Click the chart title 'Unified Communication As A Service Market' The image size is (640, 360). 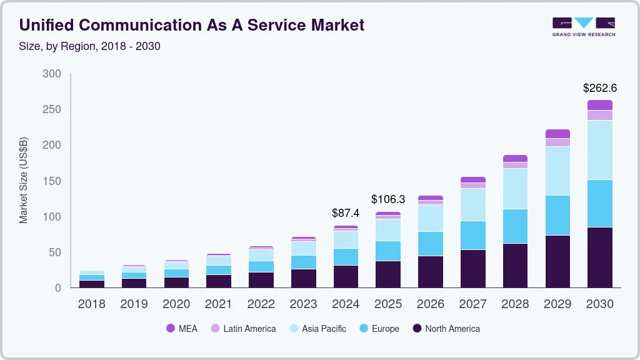[191, 25]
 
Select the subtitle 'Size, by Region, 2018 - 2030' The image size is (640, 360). [90, 46]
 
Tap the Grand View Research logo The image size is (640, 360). [583, 27]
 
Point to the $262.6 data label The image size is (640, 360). [599, 88]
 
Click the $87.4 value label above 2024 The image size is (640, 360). [346, 213]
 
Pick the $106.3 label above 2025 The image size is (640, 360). [388, 199]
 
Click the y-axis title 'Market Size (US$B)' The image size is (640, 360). [24, 181]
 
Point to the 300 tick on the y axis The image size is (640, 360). [52, 74]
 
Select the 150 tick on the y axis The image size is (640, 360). [52, 181]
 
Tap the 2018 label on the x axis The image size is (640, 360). [91, 304]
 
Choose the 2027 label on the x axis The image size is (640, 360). [473, 304]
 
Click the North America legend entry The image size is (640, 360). [446, 329]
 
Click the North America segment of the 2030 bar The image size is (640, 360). [600, 257]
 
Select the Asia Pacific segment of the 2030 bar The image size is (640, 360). [600, 150]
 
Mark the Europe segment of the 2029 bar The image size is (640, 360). [557, 215]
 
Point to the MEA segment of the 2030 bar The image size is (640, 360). [600, 105]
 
